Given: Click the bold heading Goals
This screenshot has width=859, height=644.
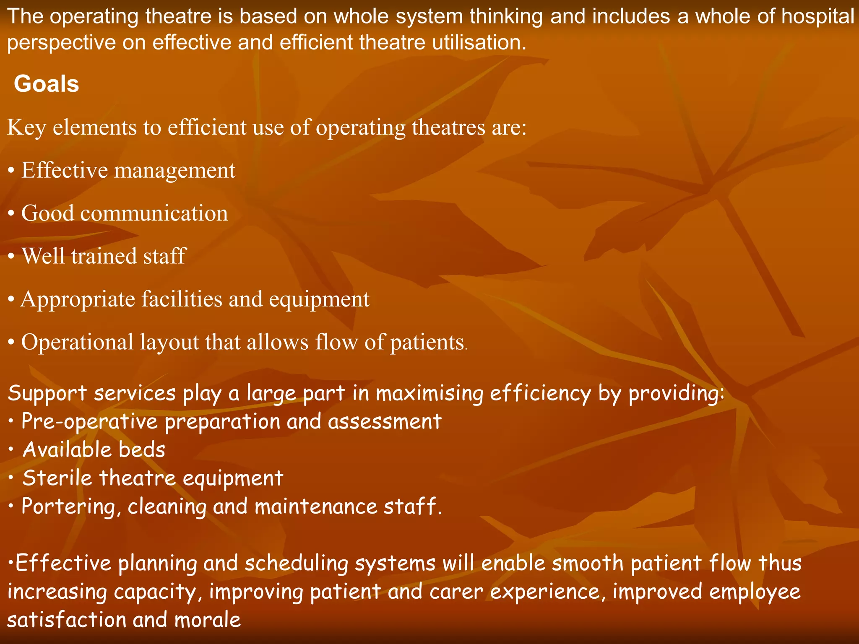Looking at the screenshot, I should tap(47, 84).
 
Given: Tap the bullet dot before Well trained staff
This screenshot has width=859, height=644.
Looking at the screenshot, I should tap(11, 256).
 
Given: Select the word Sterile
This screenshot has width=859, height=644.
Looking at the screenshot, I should tap(57, 478).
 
